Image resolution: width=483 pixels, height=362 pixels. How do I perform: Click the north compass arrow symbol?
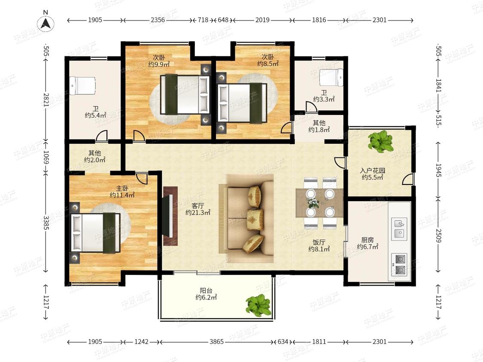coord(46,23)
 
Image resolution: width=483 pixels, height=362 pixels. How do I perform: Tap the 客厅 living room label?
coord(197,205)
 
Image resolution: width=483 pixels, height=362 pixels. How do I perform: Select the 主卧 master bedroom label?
coord(122,188)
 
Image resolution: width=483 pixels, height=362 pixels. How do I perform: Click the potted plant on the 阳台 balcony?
coord(259,305)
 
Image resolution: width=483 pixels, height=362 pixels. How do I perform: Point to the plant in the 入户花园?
coord(381,141)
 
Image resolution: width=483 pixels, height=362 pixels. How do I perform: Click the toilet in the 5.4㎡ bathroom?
coord(83,86)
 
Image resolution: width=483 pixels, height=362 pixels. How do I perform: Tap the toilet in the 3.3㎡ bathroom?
coord(331,77)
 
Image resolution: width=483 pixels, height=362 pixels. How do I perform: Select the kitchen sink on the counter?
coord(399,229)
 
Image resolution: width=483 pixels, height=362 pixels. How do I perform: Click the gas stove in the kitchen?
coord(399,264)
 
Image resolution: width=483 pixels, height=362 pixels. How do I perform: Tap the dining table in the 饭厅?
coord(319,203)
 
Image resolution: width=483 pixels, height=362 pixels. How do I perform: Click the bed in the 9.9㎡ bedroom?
coord(185,94)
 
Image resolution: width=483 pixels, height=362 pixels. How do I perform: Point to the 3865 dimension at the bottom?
coord(216,342)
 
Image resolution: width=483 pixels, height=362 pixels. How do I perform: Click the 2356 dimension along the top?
coord(158,20)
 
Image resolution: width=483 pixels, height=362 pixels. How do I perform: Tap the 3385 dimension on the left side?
coord(46,223)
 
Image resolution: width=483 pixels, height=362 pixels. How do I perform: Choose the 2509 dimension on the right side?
coord(438,235)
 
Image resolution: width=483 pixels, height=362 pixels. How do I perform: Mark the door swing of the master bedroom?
coord(142,178)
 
